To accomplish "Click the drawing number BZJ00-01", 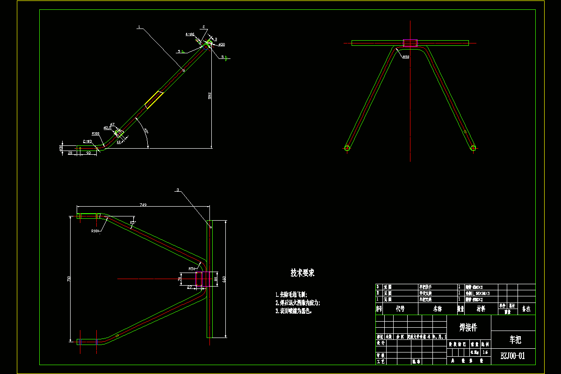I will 513,356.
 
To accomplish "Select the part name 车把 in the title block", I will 513,340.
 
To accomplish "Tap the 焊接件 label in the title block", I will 468,327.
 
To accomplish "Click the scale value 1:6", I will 485,352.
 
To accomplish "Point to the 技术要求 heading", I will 302,273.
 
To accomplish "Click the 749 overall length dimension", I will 143,204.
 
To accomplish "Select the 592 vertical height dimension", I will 210,96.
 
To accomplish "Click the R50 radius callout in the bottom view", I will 192,269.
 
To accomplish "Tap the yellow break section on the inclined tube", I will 154,100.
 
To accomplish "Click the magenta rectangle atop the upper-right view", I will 410,43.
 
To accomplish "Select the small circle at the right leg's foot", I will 473,148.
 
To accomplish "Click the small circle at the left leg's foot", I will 347,148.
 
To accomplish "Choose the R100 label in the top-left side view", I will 95,134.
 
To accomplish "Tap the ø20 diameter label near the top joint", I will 222,44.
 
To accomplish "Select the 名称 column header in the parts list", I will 437,309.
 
